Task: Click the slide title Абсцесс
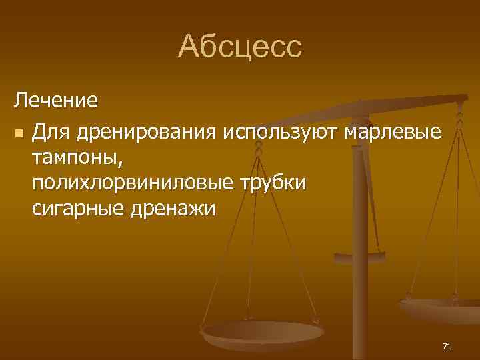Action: [x=240, y=47]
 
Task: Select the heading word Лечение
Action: [x=57, y=101]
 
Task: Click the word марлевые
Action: [x=393, y=131]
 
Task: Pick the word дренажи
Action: [x=174, y=209]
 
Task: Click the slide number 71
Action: [x=447, y=346]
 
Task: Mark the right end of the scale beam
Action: [x=464, y=98]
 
